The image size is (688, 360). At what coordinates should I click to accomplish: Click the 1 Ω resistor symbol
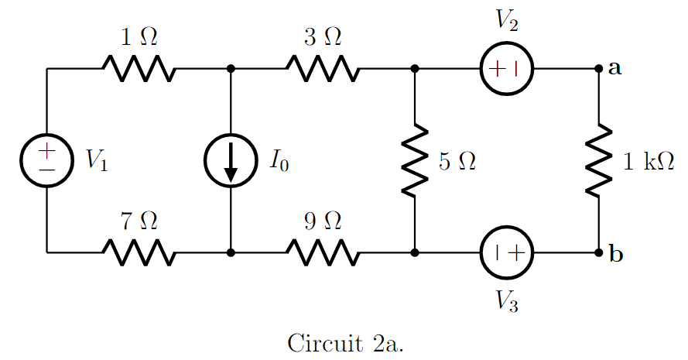[x=139, y=69]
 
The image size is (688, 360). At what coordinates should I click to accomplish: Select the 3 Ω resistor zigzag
[x=322, y=69]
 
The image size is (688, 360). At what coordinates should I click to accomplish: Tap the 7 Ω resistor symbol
[x=139, y=252]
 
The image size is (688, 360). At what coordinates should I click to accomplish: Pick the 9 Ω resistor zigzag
[x=322, y=252]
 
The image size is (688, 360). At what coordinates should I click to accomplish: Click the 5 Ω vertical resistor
[x=416, y=161]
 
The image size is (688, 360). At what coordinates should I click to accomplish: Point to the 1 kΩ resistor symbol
[x=599, y=161]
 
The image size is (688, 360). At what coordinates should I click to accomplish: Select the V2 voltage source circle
[x=507, y=69]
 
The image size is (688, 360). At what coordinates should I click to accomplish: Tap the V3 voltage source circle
[x=507, y=252]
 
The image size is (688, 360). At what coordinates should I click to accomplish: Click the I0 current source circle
[x=231, y=160]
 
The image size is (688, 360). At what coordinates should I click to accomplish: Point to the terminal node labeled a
[x=599, y=69]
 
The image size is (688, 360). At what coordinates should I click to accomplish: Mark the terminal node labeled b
[x=599, y=252]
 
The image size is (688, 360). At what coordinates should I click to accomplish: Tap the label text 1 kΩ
[x=649, y=161]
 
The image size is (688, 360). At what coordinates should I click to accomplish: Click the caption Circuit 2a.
[x=345, y=341]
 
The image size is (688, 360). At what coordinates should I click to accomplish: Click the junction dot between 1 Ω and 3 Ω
[x=231, y=69]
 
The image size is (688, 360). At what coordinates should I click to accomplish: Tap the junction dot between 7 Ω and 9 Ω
[x=231, y=252]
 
